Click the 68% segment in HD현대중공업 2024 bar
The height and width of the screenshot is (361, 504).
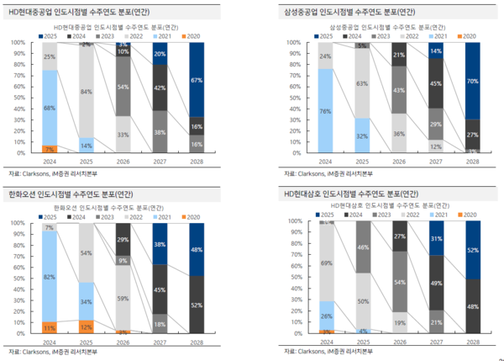pyautogui.click(x=50, y=108)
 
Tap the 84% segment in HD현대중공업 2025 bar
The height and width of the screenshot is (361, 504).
pyautogui.click(x=86, y=91)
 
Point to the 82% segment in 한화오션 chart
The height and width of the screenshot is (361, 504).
pyautogui.click(x=50, y=277)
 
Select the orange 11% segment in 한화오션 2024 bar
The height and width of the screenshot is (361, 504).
pyautogui.click(x=50, y=326)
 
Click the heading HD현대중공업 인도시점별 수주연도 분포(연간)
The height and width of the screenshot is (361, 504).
pyautogui.click(x=75, y=12)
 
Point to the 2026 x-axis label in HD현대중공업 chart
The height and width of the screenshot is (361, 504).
pyautogui.click(x=122, y=162)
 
